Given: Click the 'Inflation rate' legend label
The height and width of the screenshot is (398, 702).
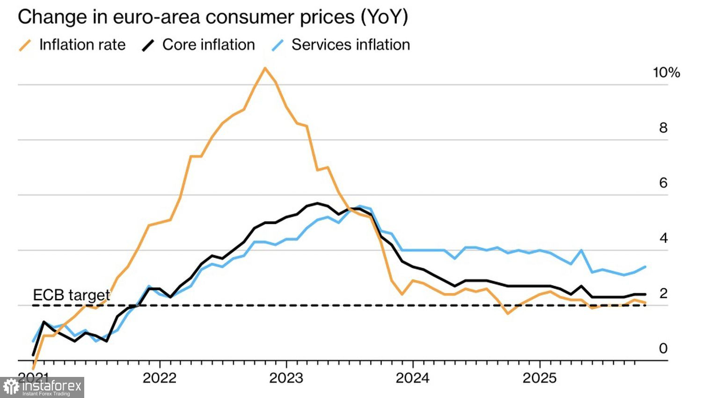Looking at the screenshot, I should pyautogui.click(x=82, y=45).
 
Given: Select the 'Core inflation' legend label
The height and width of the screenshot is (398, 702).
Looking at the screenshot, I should pyautogui.click(x=208, y=45).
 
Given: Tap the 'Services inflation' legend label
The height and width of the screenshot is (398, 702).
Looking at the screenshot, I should pyautogui.click(x=351, y=45).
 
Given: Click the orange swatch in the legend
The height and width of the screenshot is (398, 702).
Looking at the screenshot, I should pyautogui.click(x=25, y=45).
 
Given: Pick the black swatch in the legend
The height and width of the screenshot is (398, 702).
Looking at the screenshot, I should pyautogui.click(x=148, y=45).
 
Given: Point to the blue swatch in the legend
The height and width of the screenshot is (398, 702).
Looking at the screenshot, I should pyautogui.click(x=278, y=45).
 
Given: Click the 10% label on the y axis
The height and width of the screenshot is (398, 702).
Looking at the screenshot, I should pyautogui.click(x=666, y=73).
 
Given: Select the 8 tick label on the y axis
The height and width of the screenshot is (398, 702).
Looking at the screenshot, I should pyautogui.click(x=663, y=128).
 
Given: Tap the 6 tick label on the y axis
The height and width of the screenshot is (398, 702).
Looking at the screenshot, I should pyautogui.click(x=663, y=183).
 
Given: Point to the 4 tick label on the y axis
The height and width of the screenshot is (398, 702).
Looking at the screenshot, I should pyautogui.click(x=663, y=238).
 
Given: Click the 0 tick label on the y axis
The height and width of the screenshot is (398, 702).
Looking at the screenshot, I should pyautogui.click(x=663, y=348).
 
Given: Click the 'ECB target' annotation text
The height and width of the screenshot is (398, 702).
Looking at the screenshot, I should pyautogui.click(x=71, y=295).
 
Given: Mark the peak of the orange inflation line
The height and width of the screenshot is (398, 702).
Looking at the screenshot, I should pyautogui.click(x=265, y=68).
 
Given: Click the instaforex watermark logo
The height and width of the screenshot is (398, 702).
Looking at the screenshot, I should pyautogui.click(x=42, y=387).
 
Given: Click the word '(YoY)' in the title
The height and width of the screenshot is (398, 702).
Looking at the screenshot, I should pyautogui.click(x=384, y=17).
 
